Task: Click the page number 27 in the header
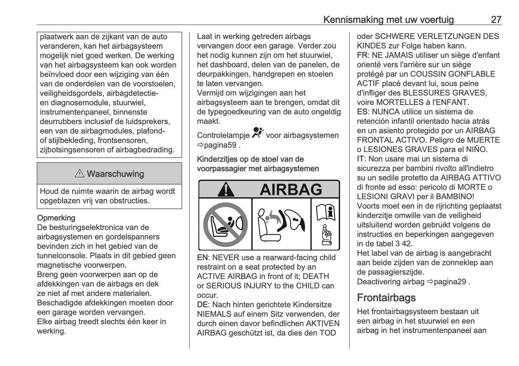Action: [496, 19]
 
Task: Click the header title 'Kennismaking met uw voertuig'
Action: [388, 19]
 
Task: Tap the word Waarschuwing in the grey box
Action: [115, 174]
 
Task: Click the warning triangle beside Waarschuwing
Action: [79, 174]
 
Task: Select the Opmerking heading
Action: [56, 218]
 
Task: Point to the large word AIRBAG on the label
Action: [291, 189]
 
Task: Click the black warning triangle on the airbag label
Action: [226, 189]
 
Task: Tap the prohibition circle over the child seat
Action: [225, 224]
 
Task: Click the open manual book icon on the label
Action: [325, 212]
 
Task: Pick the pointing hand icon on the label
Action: [326, 235]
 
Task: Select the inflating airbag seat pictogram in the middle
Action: [281, 224]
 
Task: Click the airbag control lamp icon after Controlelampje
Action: [258, 133]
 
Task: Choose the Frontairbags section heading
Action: [386, 298]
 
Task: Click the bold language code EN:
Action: [203, 257]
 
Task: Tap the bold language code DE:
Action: [203, 305]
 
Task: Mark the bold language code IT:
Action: [361, 159]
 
